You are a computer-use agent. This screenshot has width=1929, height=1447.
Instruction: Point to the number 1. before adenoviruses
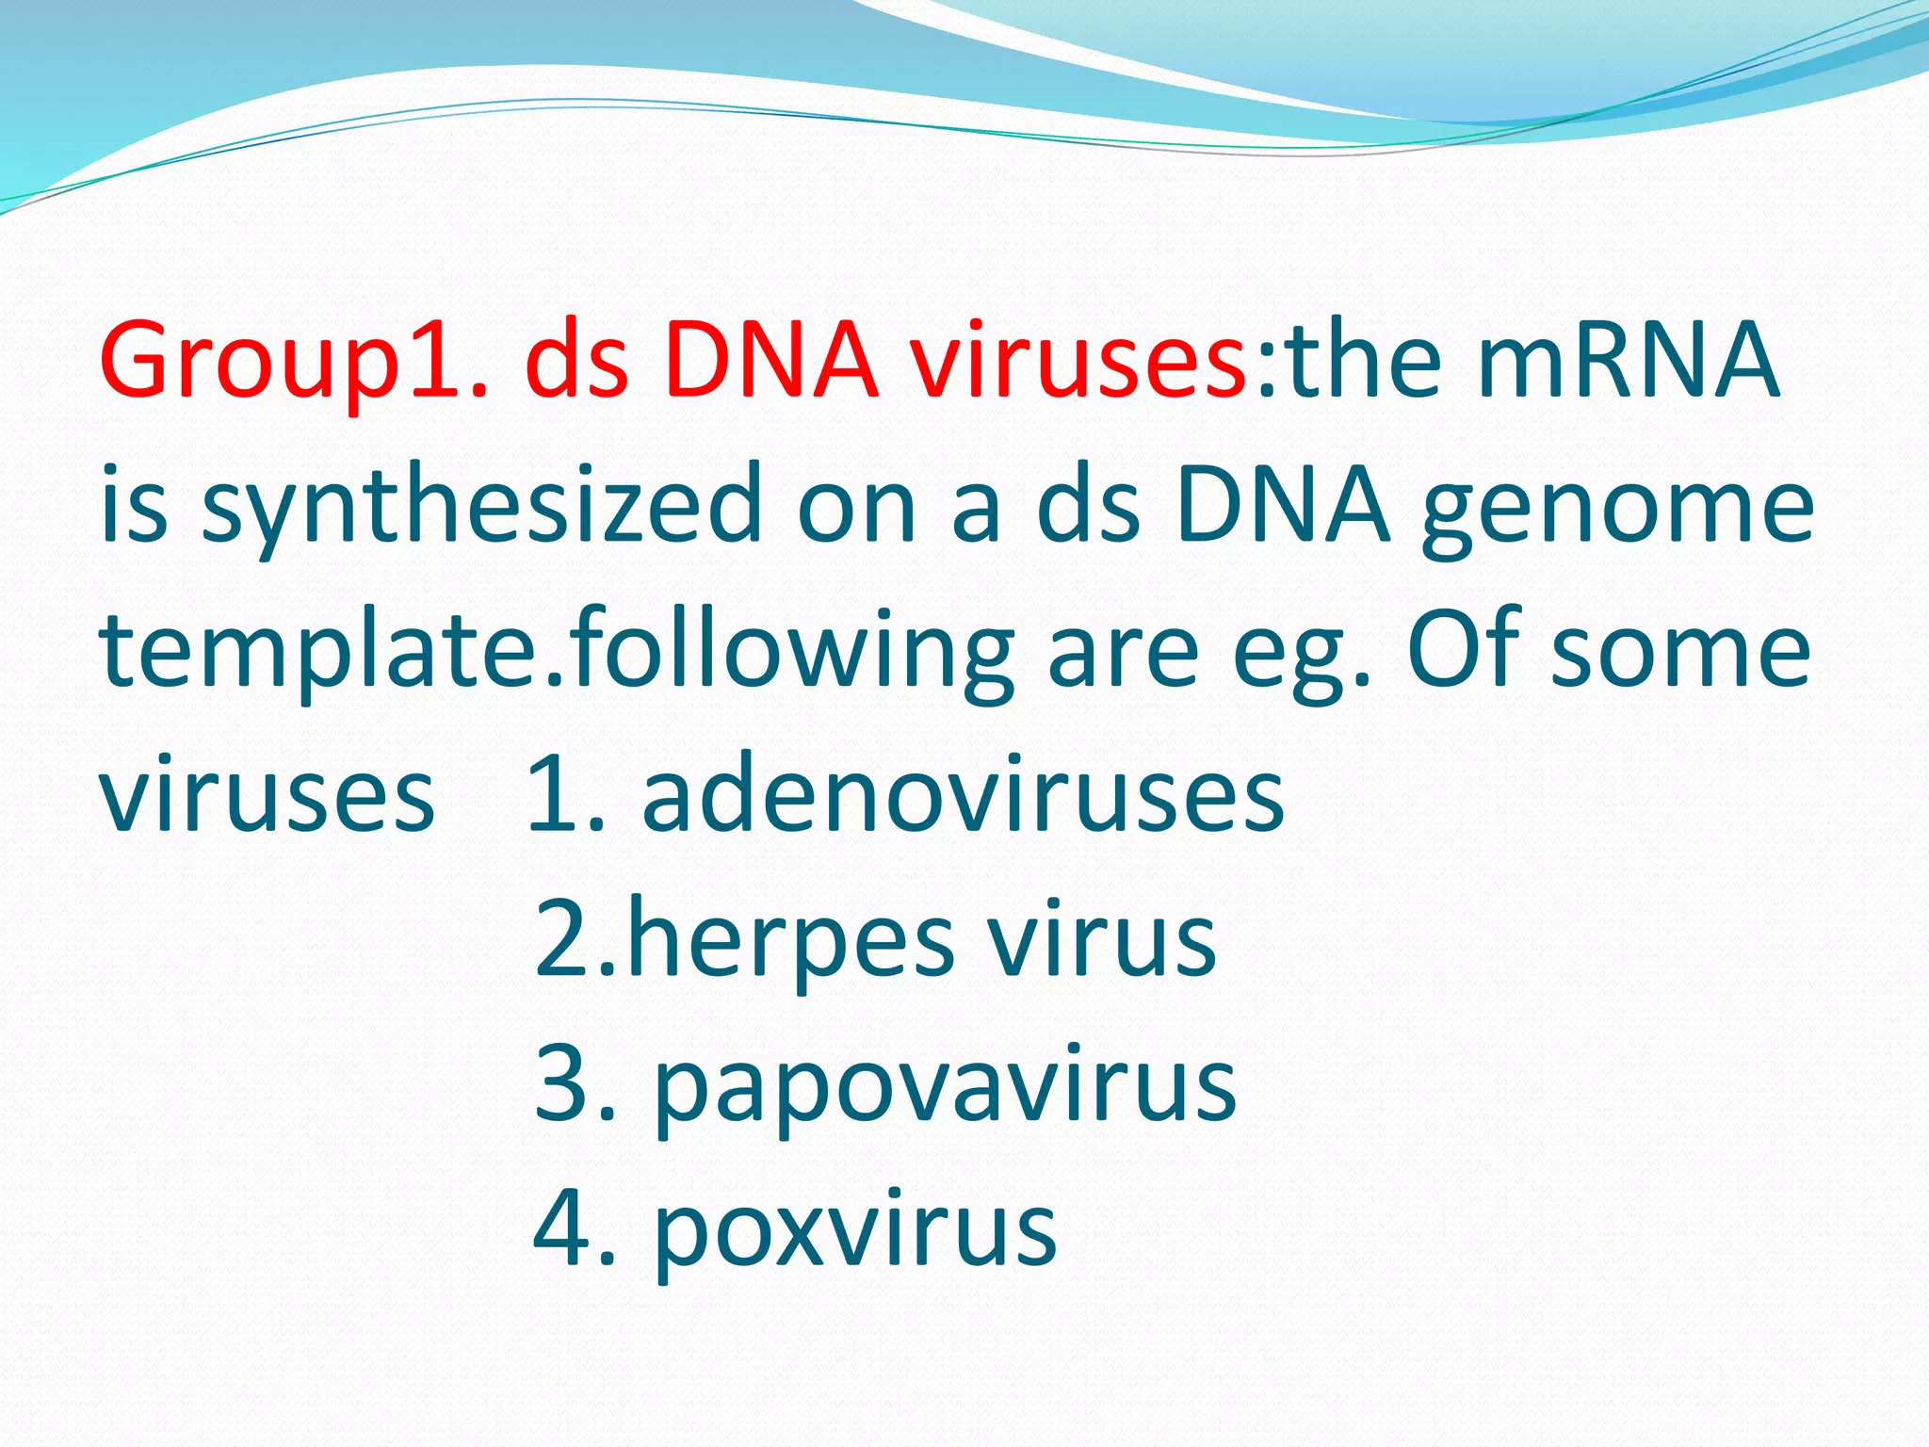[x=566, y=796]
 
